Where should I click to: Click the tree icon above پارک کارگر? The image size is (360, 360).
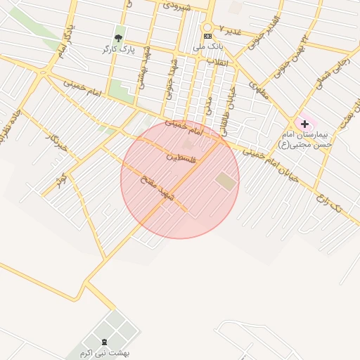(118, 37)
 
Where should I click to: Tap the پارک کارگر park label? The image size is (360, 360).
(117, 49)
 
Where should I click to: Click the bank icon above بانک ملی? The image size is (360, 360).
(207, 36)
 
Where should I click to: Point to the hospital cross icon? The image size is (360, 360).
(304, 124)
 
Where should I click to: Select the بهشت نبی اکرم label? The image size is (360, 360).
(105, 352)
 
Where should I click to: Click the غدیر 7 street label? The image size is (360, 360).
(230, 30)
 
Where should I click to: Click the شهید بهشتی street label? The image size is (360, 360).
(143, 66)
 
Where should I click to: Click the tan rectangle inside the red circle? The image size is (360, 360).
(226, 181)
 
